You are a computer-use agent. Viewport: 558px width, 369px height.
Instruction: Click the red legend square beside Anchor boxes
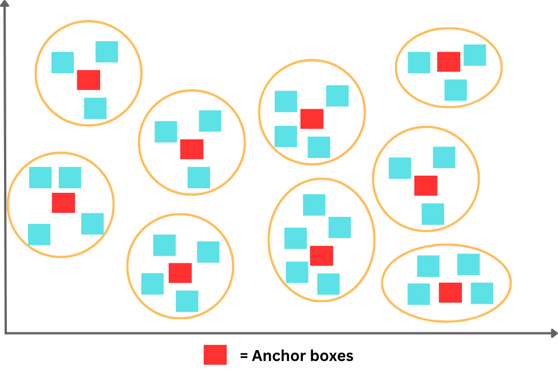(215, 355)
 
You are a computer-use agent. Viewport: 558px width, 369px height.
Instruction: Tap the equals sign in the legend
(244, 356)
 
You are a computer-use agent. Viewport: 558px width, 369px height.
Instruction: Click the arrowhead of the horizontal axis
(553, 332)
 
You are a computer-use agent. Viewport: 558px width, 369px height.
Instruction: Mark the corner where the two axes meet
(6, 332)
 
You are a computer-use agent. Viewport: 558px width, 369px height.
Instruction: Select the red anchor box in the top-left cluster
(89, 80)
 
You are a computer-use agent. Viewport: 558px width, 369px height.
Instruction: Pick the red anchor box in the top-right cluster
(449, 62)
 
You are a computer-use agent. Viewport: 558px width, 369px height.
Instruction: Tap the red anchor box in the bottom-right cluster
(450, 292)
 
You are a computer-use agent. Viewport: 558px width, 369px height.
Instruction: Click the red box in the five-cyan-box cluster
(321, 256)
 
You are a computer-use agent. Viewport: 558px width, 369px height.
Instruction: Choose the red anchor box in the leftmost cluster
(64, 203)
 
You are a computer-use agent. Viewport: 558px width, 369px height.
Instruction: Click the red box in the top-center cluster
(312, 118)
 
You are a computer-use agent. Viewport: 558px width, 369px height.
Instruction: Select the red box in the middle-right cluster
(426, 185)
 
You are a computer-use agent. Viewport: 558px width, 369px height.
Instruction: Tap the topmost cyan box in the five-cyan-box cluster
(314, 205)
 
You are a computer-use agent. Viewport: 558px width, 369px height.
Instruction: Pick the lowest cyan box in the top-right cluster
(456, 90)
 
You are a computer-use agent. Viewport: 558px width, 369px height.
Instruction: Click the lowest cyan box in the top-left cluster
(96, 108)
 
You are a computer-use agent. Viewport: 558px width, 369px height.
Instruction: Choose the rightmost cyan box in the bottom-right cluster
(482, 293)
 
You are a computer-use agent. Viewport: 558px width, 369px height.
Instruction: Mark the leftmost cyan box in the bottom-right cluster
(419, 294)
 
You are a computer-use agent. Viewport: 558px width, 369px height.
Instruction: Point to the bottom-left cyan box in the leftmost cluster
(39, 235)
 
